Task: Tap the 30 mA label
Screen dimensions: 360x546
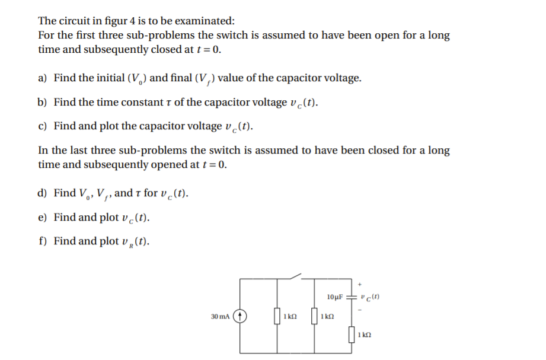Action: (x=220, y=317)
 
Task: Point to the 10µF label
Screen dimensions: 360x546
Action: (x=335, y=296)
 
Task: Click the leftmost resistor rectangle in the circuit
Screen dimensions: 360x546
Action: (x=277, y=317)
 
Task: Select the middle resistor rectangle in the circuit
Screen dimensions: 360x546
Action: (x=315, y=317)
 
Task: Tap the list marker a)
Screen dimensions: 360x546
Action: (x=43, y=78)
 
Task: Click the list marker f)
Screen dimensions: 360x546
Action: (x=42, y=241)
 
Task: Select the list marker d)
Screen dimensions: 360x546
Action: (x=43, y=193)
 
